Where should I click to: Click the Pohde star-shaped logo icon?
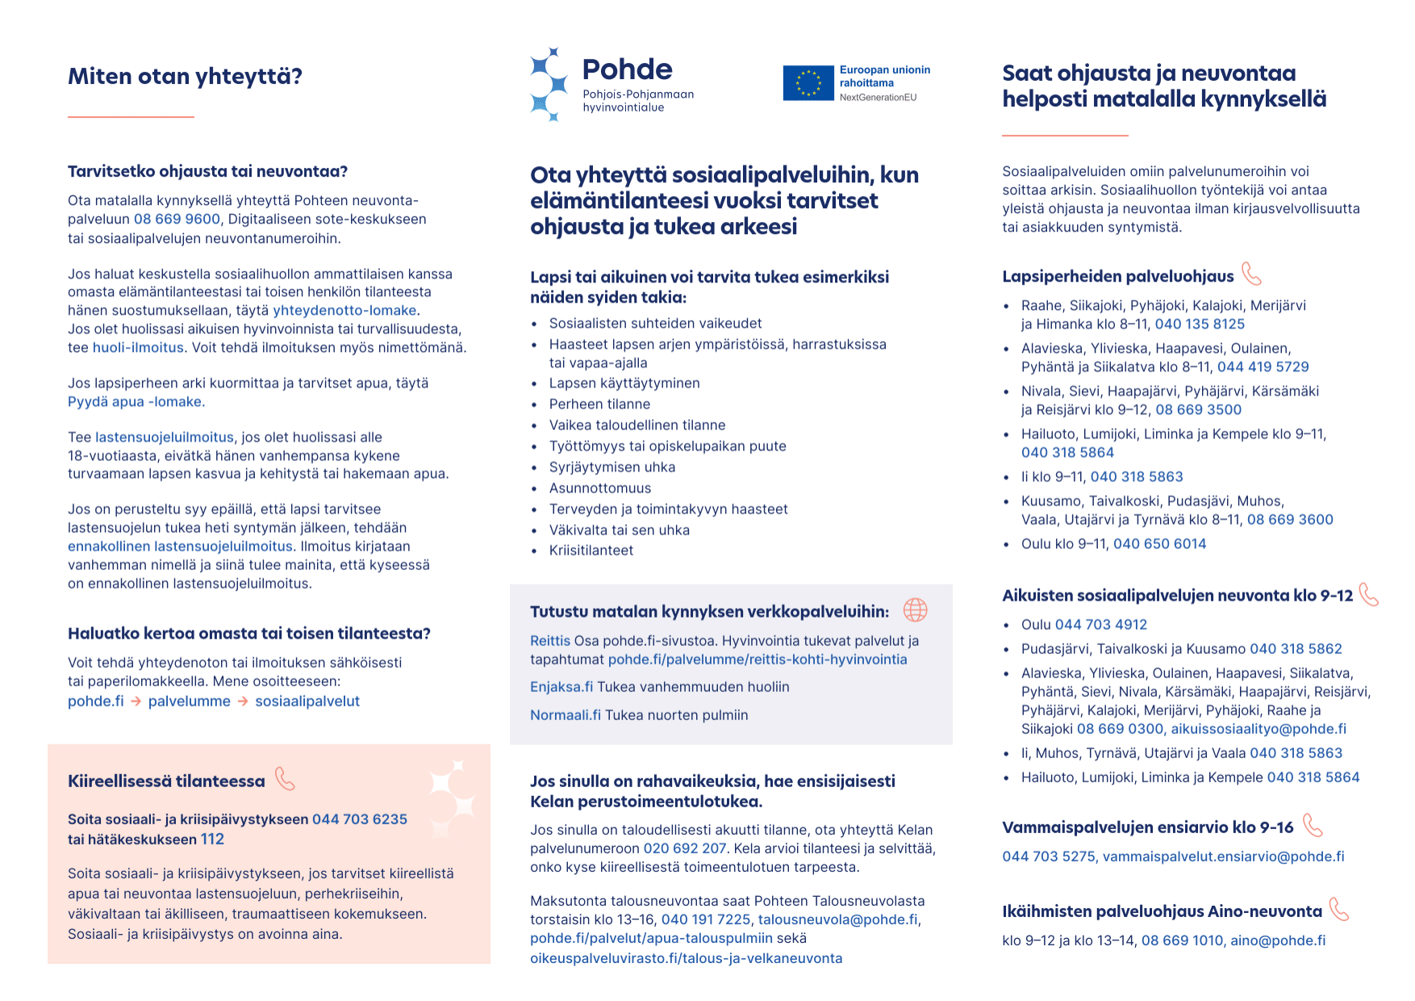pos(549,84)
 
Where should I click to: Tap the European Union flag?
pos(808,83)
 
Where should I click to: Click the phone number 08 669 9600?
pos(177,220)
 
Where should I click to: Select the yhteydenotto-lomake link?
pos(344,311)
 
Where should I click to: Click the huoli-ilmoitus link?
pos(138,348)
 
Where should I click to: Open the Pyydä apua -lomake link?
pos(136,402)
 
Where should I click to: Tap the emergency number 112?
pos(212,840)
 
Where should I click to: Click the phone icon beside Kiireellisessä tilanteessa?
pos(285,779)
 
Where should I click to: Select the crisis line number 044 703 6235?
pos(360,819)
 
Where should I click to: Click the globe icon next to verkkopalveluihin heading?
pos(915,610)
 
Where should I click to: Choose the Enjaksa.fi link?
pos(561,687)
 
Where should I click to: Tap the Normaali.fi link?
pos(565,715)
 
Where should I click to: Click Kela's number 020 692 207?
pos(684,848)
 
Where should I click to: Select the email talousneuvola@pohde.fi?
pos(837,919)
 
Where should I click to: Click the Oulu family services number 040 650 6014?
pos(1159,544)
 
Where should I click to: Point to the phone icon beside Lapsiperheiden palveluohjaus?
pos(1251,274)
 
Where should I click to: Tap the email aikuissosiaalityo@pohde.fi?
pos(1258,729)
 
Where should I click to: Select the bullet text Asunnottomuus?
pos(599,488)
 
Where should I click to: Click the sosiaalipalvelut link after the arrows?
pos(307,702)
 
